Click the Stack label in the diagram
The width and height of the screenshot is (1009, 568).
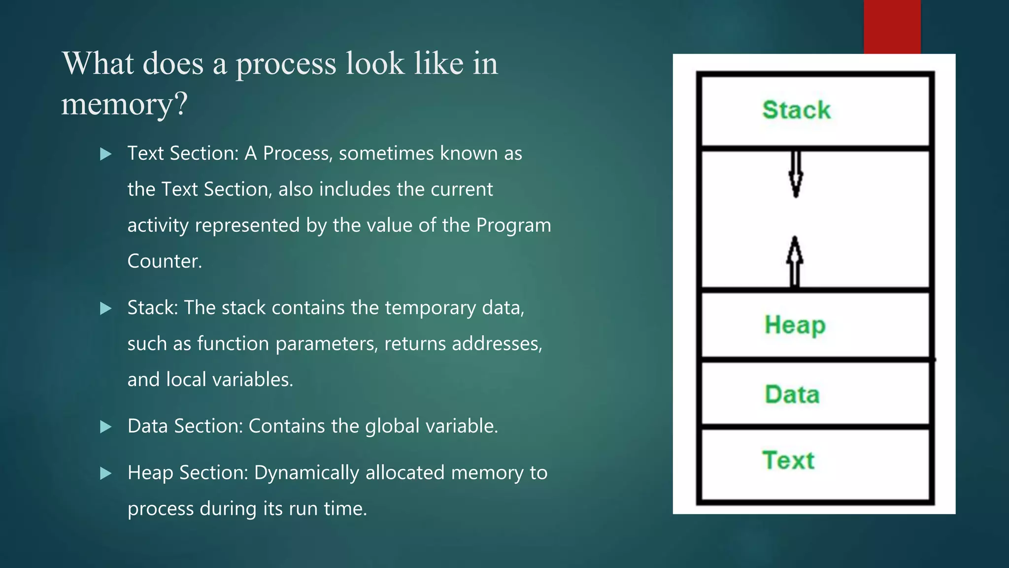(796, 109)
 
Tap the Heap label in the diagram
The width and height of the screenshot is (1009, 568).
(795, 325)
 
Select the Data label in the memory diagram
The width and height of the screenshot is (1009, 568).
(792, 394)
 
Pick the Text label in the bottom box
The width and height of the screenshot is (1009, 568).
(788, 460)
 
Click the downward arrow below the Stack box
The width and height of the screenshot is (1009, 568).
(796, 174)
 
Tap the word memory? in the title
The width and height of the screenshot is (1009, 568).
(124, 104)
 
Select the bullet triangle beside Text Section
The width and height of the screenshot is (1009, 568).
(105, 154)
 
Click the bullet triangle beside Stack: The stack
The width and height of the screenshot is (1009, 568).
(105, 309)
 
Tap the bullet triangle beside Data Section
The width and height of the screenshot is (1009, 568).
(105, 427)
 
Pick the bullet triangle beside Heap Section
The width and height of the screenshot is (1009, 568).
(105, 474)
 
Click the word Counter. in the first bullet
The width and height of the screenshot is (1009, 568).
(165, 261)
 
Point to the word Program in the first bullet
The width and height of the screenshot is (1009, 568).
(513, 225)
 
